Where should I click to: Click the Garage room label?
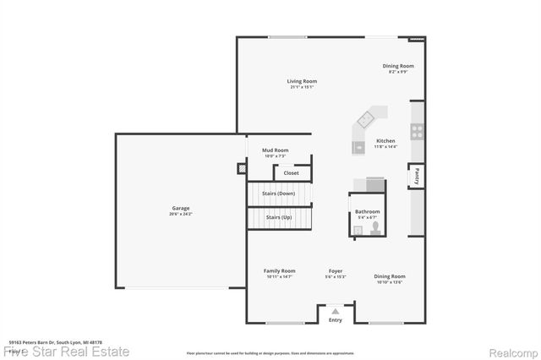(181, 208)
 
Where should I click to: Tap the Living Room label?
(302, 81)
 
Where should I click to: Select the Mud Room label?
(276, 150)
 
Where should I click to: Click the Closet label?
(291, 173)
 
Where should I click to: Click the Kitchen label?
(385, 140)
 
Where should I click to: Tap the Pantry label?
(417, 177)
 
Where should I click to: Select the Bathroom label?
(367, 211)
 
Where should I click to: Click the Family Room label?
(280, 270)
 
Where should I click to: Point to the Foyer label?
(336, 270)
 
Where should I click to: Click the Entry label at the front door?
(336, 320)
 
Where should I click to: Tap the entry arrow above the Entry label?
(336, 312)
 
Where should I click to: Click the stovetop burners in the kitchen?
(417, 131)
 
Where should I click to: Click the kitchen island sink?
(370, 116)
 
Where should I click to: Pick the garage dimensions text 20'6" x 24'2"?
(181, 214)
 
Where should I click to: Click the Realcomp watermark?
(513, 351)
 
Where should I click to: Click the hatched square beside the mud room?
(241, 168)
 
